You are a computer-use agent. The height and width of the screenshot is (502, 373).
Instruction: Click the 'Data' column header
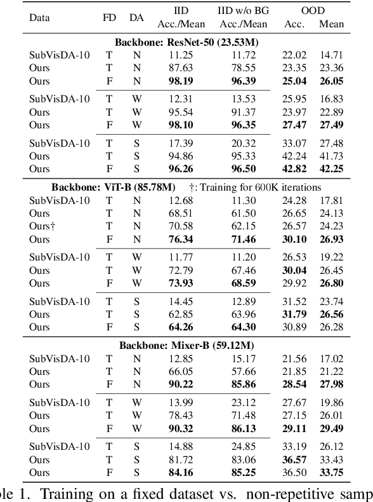click(40, 18)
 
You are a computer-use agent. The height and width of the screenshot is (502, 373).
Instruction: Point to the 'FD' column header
click(108, 18)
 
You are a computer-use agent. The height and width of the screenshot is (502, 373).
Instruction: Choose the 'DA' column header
click(135, 18)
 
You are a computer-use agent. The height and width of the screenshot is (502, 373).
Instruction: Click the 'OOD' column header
click(312, 11)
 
